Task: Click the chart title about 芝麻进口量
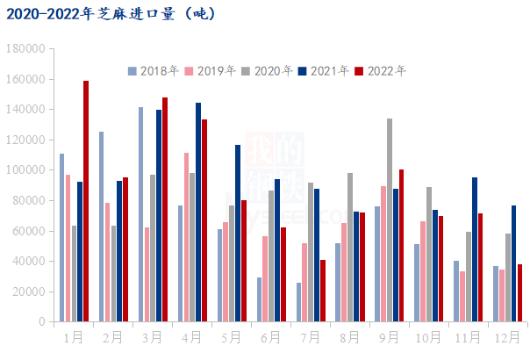(x=110, y=14)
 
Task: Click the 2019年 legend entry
(x=211, y=71)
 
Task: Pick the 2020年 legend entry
(x=267, y=71)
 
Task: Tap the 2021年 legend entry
(x=324, y=71)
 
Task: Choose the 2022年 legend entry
(x=381, y=71)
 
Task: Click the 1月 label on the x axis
(x=73, y=336)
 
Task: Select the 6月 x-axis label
(x=270, y=336)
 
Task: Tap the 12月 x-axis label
(x=507, y=336)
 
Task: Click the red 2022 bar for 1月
(x=86, y=201)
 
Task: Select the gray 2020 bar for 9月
(x=389, y=220)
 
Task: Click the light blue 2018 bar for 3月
(x=140, y=214)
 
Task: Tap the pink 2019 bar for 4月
(x=186, y=237)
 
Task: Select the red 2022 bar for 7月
(x=323, y=291)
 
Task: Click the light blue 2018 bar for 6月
(x=259, y=299)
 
